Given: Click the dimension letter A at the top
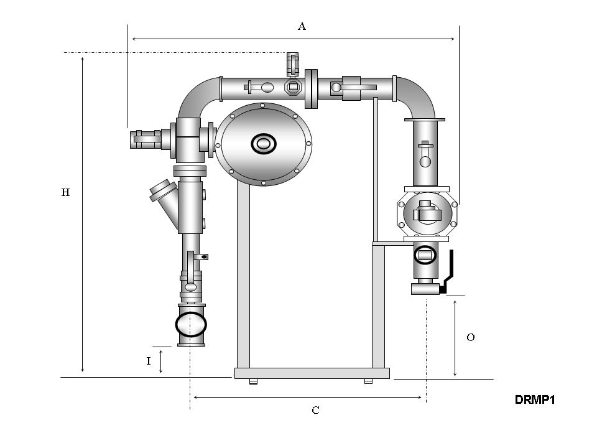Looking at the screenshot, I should [x=302, y=26].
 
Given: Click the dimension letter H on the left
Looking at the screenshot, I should [x=65, y=193].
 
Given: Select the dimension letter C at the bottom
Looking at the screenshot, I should [x=315, y=410].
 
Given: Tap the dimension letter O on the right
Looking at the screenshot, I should [x=471, y=337].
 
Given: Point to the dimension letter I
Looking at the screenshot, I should [x=148, y=361].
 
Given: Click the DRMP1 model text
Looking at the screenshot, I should [x=534, y=399].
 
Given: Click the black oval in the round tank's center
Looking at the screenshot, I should [x=263, y=144].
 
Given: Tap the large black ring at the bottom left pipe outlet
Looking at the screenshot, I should [x=191, y=324].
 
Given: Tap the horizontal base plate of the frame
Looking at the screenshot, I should [x=312, y=373].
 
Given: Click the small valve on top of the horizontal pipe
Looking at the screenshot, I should [x=292, y=64].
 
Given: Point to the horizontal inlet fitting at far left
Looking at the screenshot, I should [x=146, y=139].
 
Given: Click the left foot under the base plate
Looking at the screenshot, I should [x=253, y=381].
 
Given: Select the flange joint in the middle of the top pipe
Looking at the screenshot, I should [x=311, y=88].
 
